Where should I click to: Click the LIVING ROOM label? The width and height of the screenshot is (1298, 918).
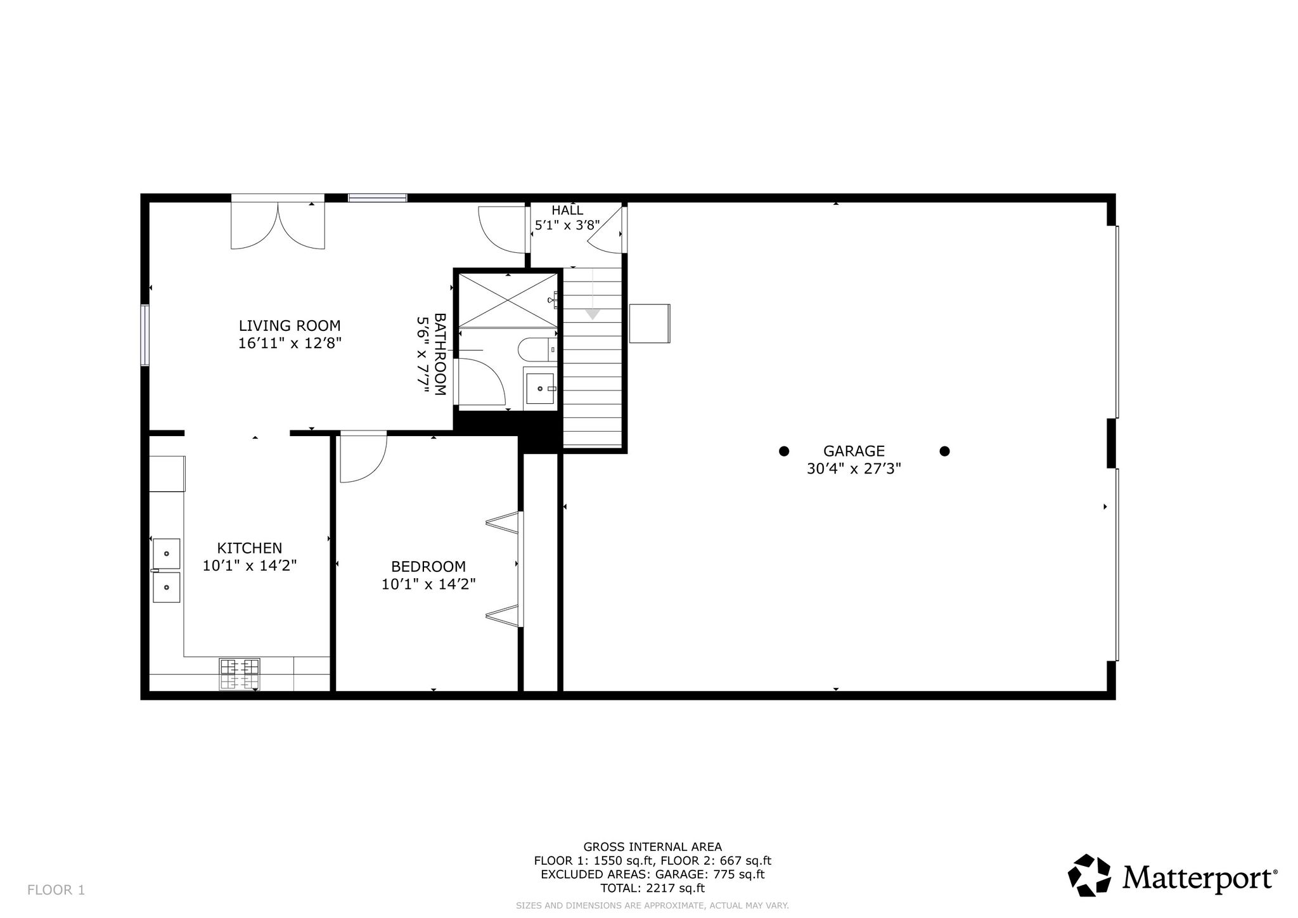pos(290,326)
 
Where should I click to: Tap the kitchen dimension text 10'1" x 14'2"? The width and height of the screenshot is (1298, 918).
pos(250,566)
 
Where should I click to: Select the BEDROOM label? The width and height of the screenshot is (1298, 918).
pos(428,567)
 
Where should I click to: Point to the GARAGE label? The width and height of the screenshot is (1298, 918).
pos(854,451)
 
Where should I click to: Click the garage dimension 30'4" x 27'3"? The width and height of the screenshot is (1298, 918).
pos(854,469)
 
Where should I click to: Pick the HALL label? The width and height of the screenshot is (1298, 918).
pos(567,210)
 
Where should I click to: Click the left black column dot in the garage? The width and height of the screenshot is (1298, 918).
pos(784,451)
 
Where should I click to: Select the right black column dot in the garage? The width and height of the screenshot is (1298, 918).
pos(944,451)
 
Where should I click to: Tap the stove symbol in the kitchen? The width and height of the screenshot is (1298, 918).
pos(240,674)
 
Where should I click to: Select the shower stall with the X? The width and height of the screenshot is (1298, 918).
pos(508,301)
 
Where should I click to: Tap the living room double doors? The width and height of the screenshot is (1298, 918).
pos(278,226)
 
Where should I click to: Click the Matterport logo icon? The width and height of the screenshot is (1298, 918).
pos(1089,876)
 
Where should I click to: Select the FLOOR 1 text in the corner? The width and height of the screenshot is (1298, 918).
pos(56,890)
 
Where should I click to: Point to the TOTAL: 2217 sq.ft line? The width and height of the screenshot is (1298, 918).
pos(652,888)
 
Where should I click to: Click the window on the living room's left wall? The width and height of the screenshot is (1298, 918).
pos(145,335)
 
